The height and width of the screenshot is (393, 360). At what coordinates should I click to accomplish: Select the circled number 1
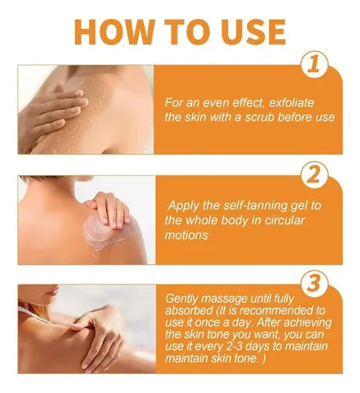coord(314,64)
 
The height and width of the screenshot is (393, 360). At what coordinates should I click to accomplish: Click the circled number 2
coord(314,175)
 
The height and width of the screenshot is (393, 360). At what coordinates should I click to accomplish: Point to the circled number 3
coord(314,284)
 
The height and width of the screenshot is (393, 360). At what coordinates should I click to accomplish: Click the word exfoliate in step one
coord(292,103)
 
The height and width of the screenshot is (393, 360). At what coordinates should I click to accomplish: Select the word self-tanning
coord(255,206)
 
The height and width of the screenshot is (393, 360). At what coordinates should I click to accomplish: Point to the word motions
coord(186,235)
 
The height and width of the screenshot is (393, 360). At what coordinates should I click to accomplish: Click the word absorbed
coord(189,310)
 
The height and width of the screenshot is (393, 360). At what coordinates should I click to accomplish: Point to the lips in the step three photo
coord(54,292)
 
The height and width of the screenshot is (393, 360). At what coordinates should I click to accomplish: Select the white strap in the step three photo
coord(33,314)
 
